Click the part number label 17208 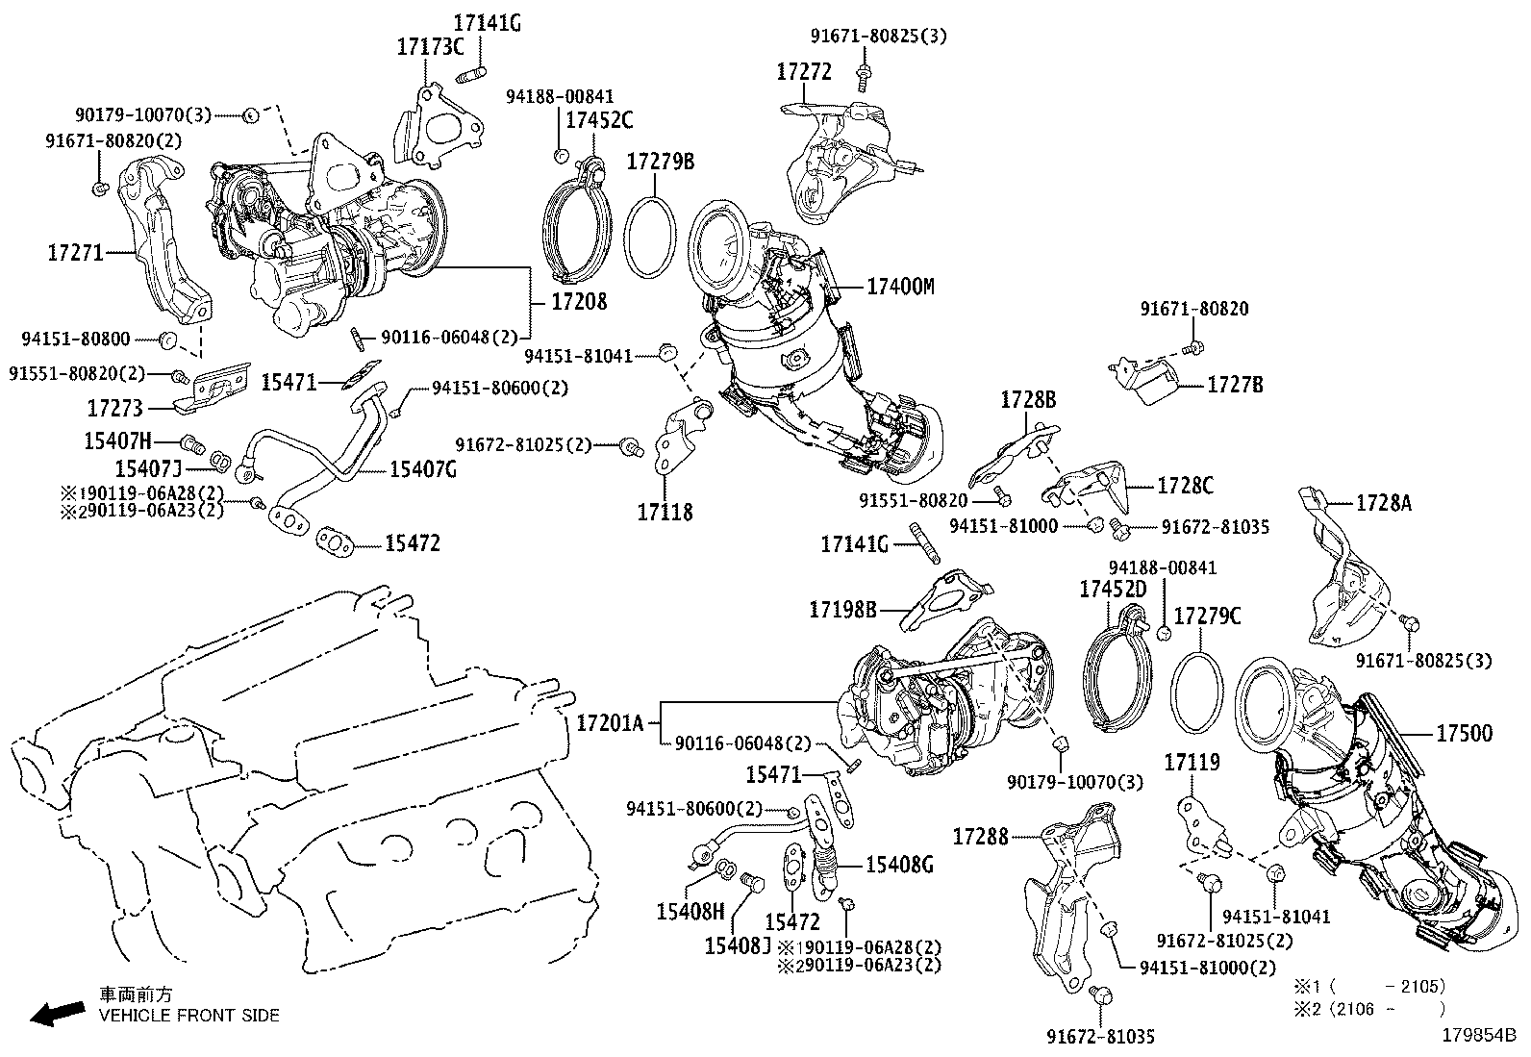(x=578, y=301)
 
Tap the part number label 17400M (x=900, y=287)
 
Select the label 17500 (x=1464, y=734)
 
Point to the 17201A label (x=610, y=721)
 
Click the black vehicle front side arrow (x=57, y=1013)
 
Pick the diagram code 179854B (x=1478, y=1036)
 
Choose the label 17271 (x=75, y=253)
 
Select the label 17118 (x=664, y=512)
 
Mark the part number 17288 (x=981, y=837)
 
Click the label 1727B (x=1235, y=385)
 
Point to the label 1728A (x=1384, y=502)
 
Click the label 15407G (x=422, y=469)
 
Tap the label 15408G (x=899, y=865)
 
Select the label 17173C (x=430, y=46)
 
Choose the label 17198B (x=842, y=609)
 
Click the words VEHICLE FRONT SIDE (x=189, y=1015)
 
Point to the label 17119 (x=1192, y=763)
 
